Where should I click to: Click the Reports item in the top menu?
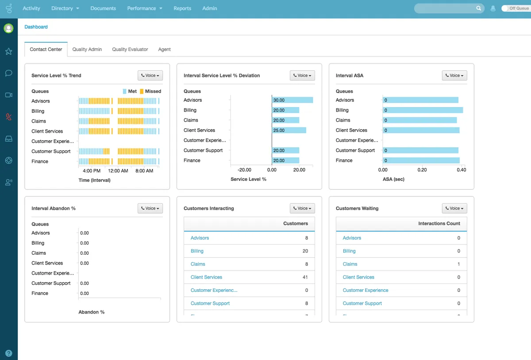(182, 8)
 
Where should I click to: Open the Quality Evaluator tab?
(130, 50)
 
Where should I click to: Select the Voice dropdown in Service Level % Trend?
(150, 76)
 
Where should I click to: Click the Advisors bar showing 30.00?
(292, 100)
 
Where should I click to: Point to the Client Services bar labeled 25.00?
(289, 130)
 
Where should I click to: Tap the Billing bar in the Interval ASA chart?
(423, 110)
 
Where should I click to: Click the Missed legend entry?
(150, 92)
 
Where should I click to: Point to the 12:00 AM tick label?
(118, 171)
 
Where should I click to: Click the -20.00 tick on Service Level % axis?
(244, 170)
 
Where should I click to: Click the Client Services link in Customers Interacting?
(206, 277)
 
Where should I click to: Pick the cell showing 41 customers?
(305, 277)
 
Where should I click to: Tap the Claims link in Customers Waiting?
(350, 264)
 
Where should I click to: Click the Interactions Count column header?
(439, 224)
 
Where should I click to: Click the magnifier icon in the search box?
(479, 8)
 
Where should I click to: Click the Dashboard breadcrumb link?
(36, 27)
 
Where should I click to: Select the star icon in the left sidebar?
(8, 51)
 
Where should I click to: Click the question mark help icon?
(8, 353)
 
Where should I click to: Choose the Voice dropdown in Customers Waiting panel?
(454, 208)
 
